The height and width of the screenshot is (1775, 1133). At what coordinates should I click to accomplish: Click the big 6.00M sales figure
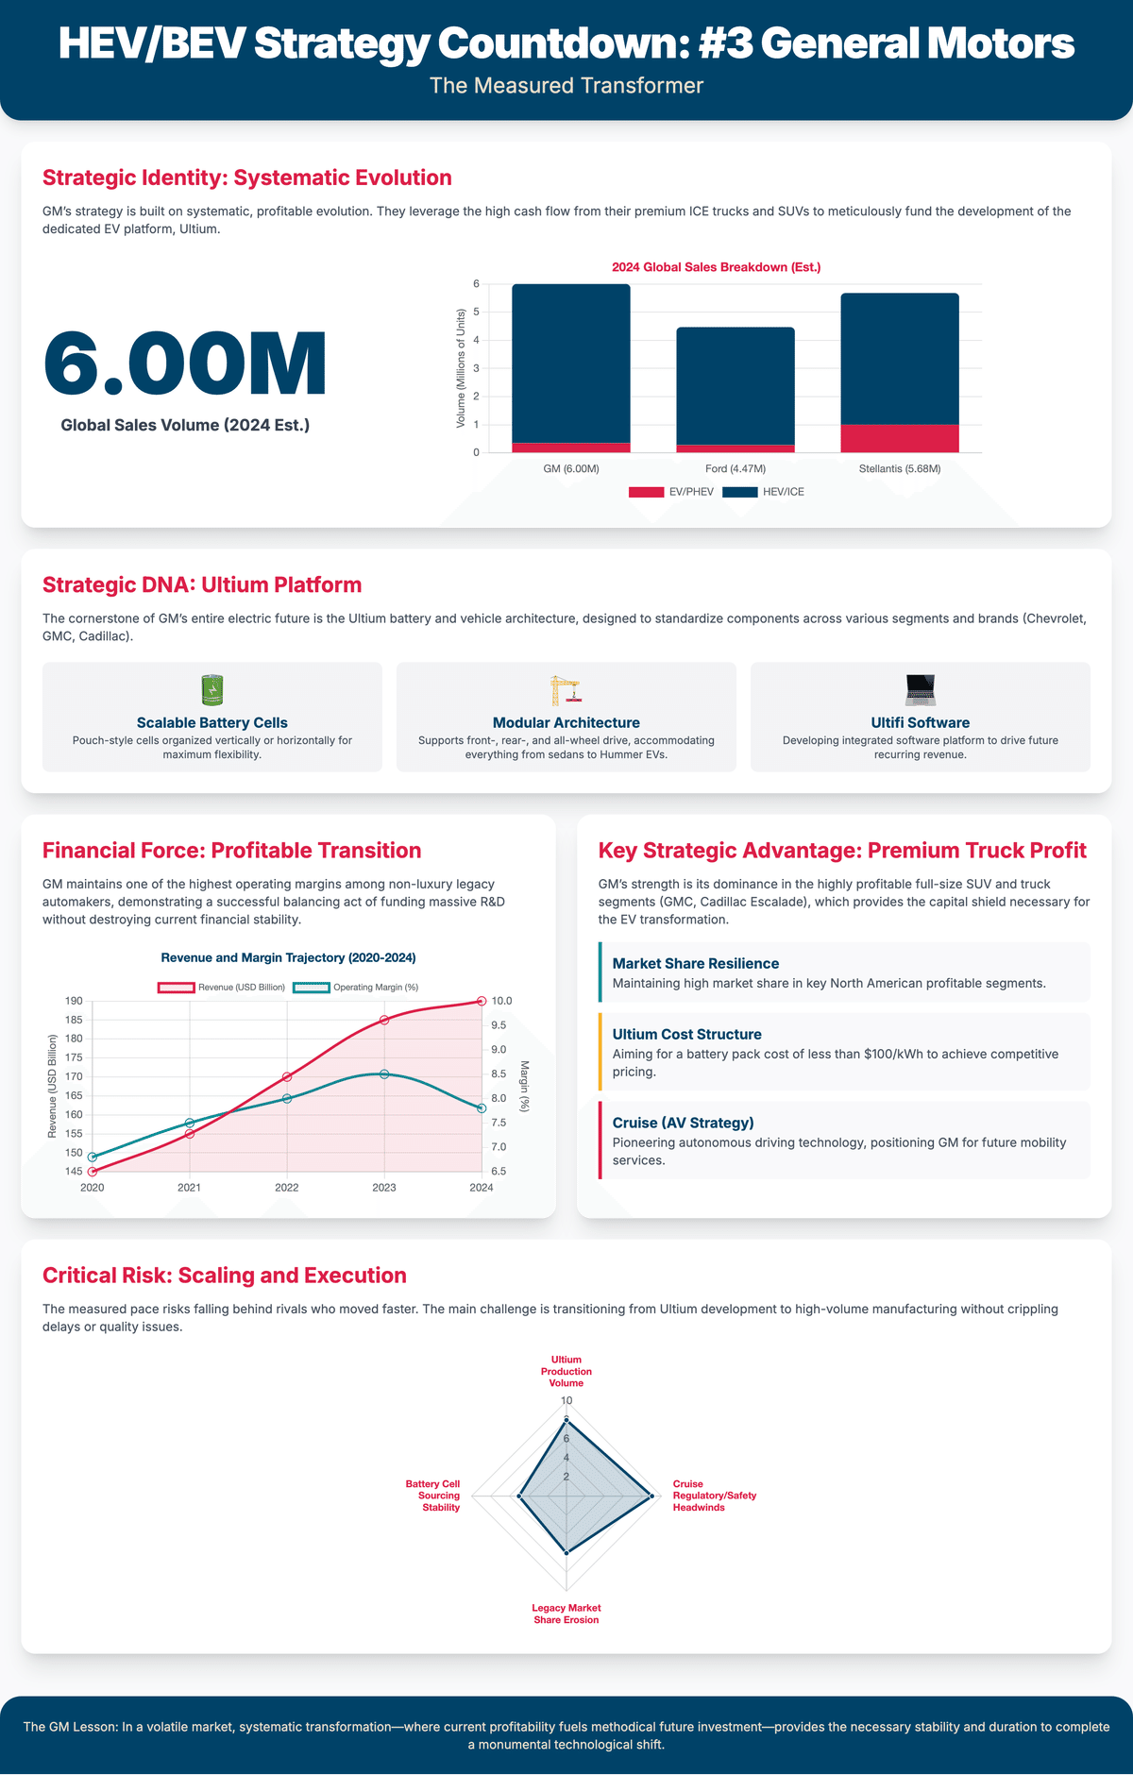click(x=185, y=363)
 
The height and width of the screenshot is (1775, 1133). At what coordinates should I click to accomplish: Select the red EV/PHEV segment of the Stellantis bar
click(x=899, y=438)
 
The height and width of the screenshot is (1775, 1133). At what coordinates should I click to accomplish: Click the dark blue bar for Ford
click(x=735, y=385)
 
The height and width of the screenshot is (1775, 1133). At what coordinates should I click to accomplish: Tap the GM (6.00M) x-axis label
click(x=571, y=468)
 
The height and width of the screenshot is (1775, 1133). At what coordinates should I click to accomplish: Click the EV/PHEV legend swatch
click(x=646, y=492)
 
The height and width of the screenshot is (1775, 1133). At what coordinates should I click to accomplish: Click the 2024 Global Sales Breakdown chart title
click(x=716, y=267)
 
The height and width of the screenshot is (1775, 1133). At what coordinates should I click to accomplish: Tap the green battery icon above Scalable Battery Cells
click(x=212, y=690)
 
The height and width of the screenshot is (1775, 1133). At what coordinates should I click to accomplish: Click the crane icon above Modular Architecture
click(x=566, y=690)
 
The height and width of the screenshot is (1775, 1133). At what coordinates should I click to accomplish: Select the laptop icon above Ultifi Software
click(x=920, y=690)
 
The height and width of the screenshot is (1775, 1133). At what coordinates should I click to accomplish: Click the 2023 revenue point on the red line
click(x=384, y=1020)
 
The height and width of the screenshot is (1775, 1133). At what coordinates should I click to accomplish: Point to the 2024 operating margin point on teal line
click(x=482, y=1108)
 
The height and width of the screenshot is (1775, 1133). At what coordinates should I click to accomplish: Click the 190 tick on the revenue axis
click(x=74, y=1001)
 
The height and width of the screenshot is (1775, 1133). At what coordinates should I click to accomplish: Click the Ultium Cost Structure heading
click(x=686, y=1034)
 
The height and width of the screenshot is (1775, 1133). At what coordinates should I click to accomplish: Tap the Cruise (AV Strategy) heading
click(x=683, y=1123)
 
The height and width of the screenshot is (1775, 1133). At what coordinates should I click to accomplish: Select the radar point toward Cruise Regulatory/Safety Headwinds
click(x=651, y=1496)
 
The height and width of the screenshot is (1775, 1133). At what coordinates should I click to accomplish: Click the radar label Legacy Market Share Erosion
click(x=566, y=1614)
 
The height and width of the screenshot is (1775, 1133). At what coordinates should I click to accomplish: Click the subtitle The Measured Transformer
click(x=566, y=86)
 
